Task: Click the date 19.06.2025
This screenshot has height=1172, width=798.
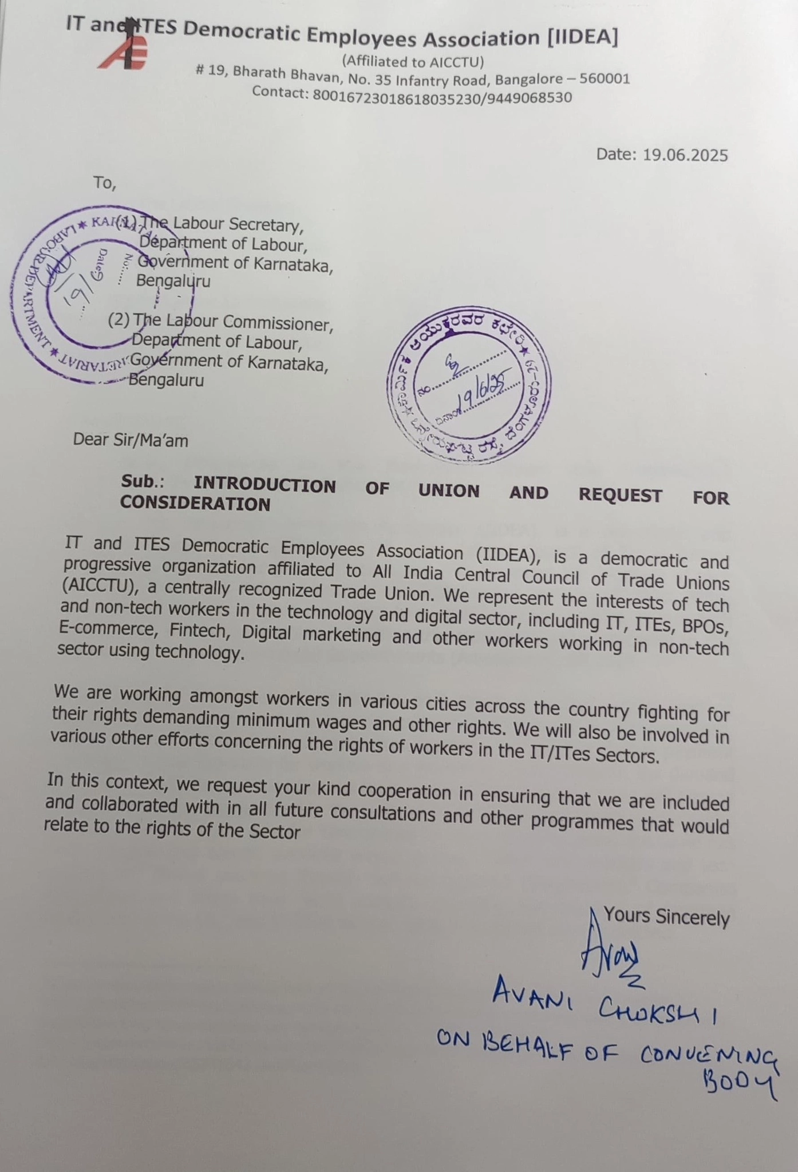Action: [685, 155]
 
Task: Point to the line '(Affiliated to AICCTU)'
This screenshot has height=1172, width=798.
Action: [413, 61]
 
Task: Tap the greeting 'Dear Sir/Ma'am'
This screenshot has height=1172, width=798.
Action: [131, 439]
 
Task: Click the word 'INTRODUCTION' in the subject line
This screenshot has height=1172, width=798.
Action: [264, 485]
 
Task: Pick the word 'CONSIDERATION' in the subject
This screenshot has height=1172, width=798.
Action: [195, 504]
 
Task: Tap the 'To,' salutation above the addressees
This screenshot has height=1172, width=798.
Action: [105, 183]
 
